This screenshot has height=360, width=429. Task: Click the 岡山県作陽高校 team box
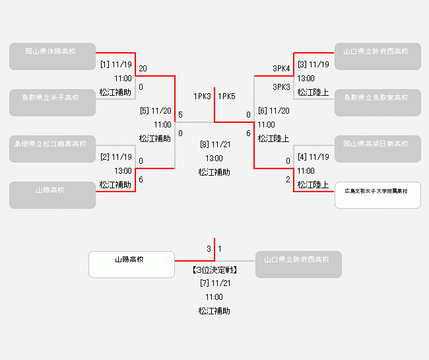coord(52,56)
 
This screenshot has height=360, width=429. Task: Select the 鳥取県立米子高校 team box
coord(52,102)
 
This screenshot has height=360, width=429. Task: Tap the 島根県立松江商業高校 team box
coord(52,149)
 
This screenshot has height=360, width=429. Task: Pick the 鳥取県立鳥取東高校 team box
coord(378,102)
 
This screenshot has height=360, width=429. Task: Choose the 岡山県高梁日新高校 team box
coord(378,149)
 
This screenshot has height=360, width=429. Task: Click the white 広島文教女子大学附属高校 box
coord(378,195)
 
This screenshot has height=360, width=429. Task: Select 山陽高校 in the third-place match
coord(131,264)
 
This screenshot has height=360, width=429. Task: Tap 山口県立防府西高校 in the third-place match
coord(298,264)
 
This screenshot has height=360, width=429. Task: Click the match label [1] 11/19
coord(116,65)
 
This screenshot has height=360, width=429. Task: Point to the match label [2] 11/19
coord(116,157)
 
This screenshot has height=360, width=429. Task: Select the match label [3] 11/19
coord(313,65)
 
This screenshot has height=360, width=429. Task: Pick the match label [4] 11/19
coord(313,157)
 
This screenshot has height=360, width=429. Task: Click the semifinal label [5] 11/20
coord(156,111)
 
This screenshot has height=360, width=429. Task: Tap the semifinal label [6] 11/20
coord(273,111)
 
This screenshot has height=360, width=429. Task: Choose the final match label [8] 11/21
coord(214,144)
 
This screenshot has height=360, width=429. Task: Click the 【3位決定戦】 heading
coord(214,270)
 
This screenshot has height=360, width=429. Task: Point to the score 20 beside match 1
coord(143,69)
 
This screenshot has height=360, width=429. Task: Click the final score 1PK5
coord(226,96)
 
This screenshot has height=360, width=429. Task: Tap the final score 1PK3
coord(202,96)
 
